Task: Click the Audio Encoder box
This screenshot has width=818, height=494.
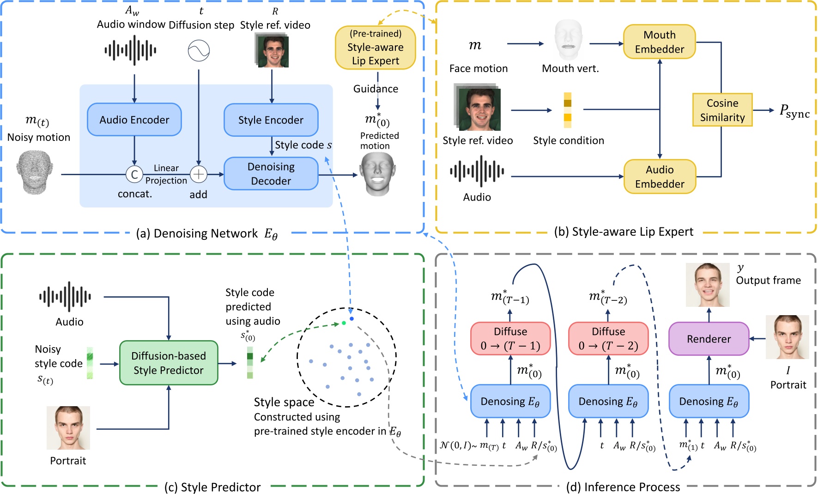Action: [x=134, y=120]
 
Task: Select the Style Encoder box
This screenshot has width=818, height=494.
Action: [x=271, y=120]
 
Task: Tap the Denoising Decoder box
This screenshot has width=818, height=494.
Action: [x=271, y=174]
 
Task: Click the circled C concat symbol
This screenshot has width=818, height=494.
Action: [x=134, y=174]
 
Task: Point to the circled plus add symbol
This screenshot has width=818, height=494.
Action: [x=199, y=174]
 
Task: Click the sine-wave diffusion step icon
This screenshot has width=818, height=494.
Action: [x=199, y=50]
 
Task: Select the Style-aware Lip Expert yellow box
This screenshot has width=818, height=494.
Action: [x=375, y=48]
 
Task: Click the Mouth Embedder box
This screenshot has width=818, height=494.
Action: [x=659, y=42]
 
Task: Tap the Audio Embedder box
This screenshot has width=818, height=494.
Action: [x=659, y=177]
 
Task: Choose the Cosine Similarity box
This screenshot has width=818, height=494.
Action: [x=722, y=110]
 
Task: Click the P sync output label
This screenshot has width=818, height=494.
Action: [x=794, y=111]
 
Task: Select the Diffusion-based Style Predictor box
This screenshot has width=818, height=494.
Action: [x=169, y=363]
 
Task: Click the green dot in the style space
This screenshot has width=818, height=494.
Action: [x=344, y=323]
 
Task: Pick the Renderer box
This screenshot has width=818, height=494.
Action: [x=709, y=339]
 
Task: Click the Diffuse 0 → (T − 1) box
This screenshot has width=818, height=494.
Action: [x=510, y=339]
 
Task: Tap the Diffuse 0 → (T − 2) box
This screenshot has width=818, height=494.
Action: [x=608, y=339]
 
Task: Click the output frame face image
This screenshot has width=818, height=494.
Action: [x=707, y=285]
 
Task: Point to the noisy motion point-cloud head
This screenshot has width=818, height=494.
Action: [x=35, y=172]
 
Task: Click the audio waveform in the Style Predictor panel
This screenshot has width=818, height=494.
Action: [x=65, y=297]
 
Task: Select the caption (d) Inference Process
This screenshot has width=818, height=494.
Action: [x=623, y=487]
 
